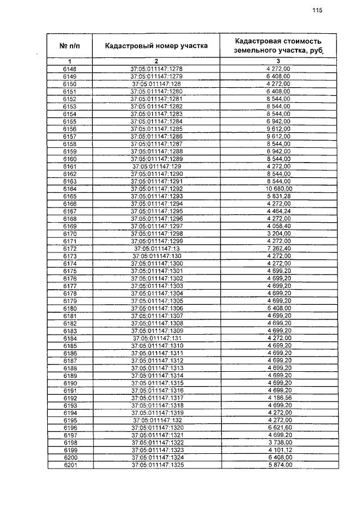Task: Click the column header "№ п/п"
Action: [x=70, y=46]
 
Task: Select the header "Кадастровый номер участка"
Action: [x=157, y=46]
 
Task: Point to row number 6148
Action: [x=70, y=69]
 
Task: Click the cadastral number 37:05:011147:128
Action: [x=157, y=84]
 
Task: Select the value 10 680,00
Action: [x=278, y=188]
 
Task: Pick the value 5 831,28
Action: [x=278, y=196]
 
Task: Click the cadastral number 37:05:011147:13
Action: [x=157, y=248]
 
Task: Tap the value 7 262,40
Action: [x=278, y=248]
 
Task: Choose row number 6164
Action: [x=70, y=188]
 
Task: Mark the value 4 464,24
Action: [x=278, y=211]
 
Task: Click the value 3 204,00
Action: [x=278, y=233]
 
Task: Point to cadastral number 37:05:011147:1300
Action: [x=157, y=263]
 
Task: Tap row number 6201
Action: [x=70, y=465]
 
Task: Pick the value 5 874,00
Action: [x=278, y=465]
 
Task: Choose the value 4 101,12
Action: [x=278, y=451]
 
